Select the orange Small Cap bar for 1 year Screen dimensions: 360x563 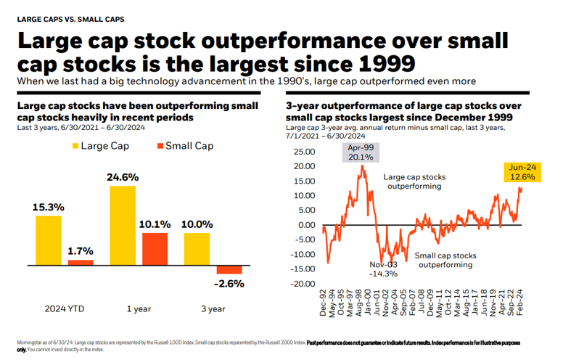point(155,248)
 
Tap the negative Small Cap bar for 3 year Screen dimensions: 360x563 point(230,269)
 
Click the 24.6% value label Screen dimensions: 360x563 point(123,177)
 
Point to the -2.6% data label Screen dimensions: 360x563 point(230,283)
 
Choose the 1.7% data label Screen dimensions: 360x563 point(81,251)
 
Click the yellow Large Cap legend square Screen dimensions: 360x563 point(75,147)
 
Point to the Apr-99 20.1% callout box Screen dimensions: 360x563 point(361,152)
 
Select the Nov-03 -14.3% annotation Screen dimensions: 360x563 point(382,269)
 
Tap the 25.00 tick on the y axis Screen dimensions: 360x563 point(305,152)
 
